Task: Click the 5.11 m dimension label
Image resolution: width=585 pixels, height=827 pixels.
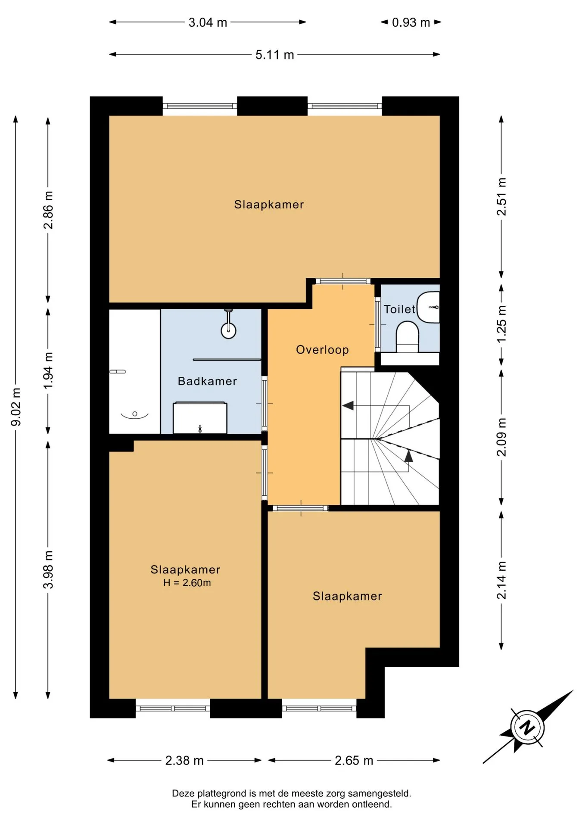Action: coord(274,55)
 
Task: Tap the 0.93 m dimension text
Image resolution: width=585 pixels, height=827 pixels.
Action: coord(411,22)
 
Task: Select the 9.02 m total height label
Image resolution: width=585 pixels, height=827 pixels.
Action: coord(16,406)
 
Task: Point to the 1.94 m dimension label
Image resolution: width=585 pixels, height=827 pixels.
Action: coord(48,370)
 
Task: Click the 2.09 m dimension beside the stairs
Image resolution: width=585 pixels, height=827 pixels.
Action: coord(502,437)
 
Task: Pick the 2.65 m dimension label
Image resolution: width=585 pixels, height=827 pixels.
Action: coord(354,760)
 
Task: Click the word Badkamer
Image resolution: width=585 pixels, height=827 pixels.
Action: coord(207,381)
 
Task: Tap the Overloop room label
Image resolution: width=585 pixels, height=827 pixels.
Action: coord(322,350)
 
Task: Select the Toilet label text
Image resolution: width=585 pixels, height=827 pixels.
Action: coord(399,309)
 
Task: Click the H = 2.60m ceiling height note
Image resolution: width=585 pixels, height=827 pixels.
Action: coord(187,583)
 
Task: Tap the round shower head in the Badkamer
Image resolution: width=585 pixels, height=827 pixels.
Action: coord(228,331)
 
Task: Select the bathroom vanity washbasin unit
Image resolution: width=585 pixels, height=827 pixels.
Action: coord(200,418)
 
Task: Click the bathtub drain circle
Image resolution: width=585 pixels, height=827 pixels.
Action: coord(135,414)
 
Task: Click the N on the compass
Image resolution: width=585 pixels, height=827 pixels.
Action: coord(527,728)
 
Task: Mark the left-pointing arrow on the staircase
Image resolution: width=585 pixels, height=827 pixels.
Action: coord(348,405)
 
